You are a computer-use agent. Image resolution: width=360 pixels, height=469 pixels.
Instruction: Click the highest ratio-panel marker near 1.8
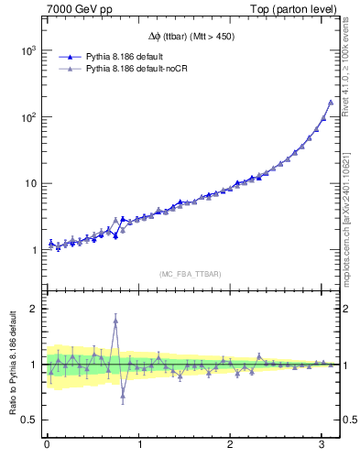(115, 320)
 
